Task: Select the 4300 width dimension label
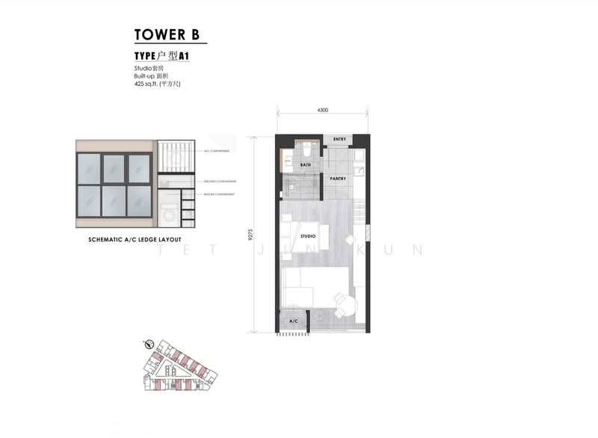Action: tap(323, 110)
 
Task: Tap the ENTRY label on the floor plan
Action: tap(339, 140)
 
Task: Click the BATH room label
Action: tap(306, 164)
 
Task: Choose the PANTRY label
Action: tap(338, 179)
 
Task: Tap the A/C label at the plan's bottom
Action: tap(293, 321)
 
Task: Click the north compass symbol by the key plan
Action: tap(149, 345)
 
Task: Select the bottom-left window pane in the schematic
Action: tap(90, 201)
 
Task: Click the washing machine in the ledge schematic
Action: tap(169, 213)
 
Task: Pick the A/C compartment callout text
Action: tap(216, 151)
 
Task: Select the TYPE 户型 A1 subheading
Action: tap(160, 55)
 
